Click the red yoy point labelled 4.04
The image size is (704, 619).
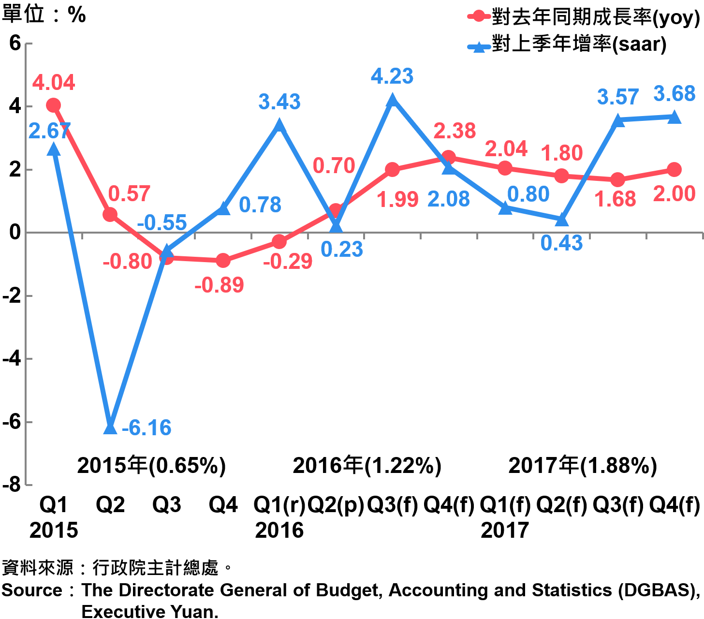click(x=54, y=105)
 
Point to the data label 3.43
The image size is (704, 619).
click(x=279, y=102)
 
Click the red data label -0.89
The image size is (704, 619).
click(x=219, y=285)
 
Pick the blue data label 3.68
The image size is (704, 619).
click(x=674, y=94)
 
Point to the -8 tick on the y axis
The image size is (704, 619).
click(x=12, y=485)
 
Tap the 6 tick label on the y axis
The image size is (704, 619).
click(x=15, y=44)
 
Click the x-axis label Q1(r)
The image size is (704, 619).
click(x=279, y=505)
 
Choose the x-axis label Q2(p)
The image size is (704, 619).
click(x=336, y=505)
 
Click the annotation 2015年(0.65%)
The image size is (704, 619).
click(x=151, y=466)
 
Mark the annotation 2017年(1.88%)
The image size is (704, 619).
click(x=583, y=466)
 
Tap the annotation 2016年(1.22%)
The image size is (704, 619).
click(x=367, y=466)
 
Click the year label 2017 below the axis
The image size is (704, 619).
click(x=505, y=531)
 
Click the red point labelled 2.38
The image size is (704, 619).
click(x=449, y=157)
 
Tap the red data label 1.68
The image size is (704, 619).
click(x=615, y=199)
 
